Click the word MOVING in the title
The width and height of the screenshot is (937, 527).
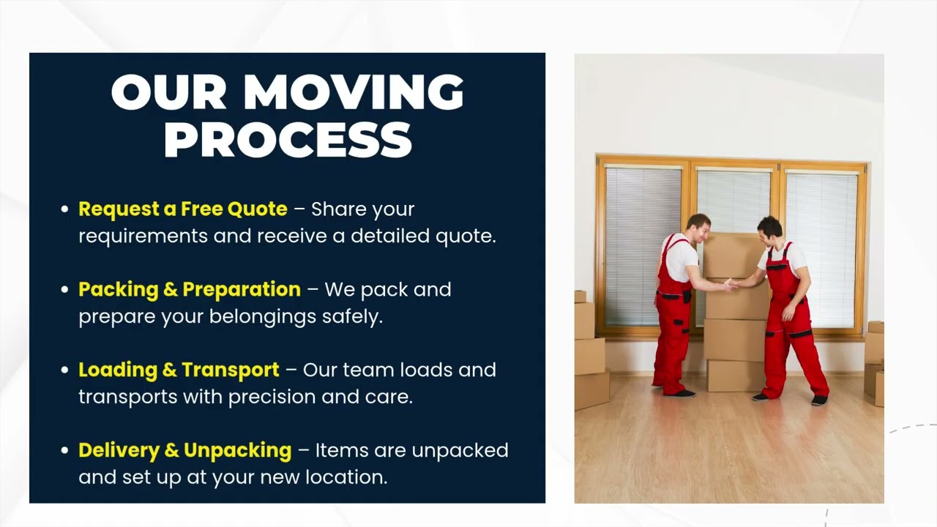[x=354, y=92]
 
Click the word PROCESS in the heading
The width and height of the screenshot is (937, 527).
[x=288, y=139]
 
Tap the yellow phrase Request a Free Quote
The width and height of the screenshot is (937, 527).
[x=183, y=209]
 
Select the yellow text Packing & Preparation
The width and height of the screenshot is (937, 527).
[x=190, y=290]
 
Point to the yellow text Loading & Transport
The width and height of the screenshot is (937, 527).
[x=179, y=370]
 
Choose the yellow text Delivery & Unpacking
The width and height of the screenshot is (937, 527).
[x=184, y=451]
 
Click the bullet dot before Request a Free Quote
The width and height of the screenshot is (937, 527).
[x=64, y=210]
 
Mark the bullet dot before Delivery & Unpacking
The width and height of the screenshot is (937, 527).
[x=64, y=452]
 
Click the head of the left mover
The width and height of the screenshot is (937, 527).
[x=698, y=226]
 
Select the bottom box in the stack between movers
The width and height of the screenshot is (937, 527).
[x=735, y=375]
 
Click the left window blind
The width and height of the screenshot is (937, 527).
[x=643, y=245]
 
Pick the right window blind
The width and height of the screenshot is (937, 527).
[x=822, y=245]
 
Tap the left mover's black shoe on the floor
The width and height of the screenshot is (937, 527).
[x=682, y=393]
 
